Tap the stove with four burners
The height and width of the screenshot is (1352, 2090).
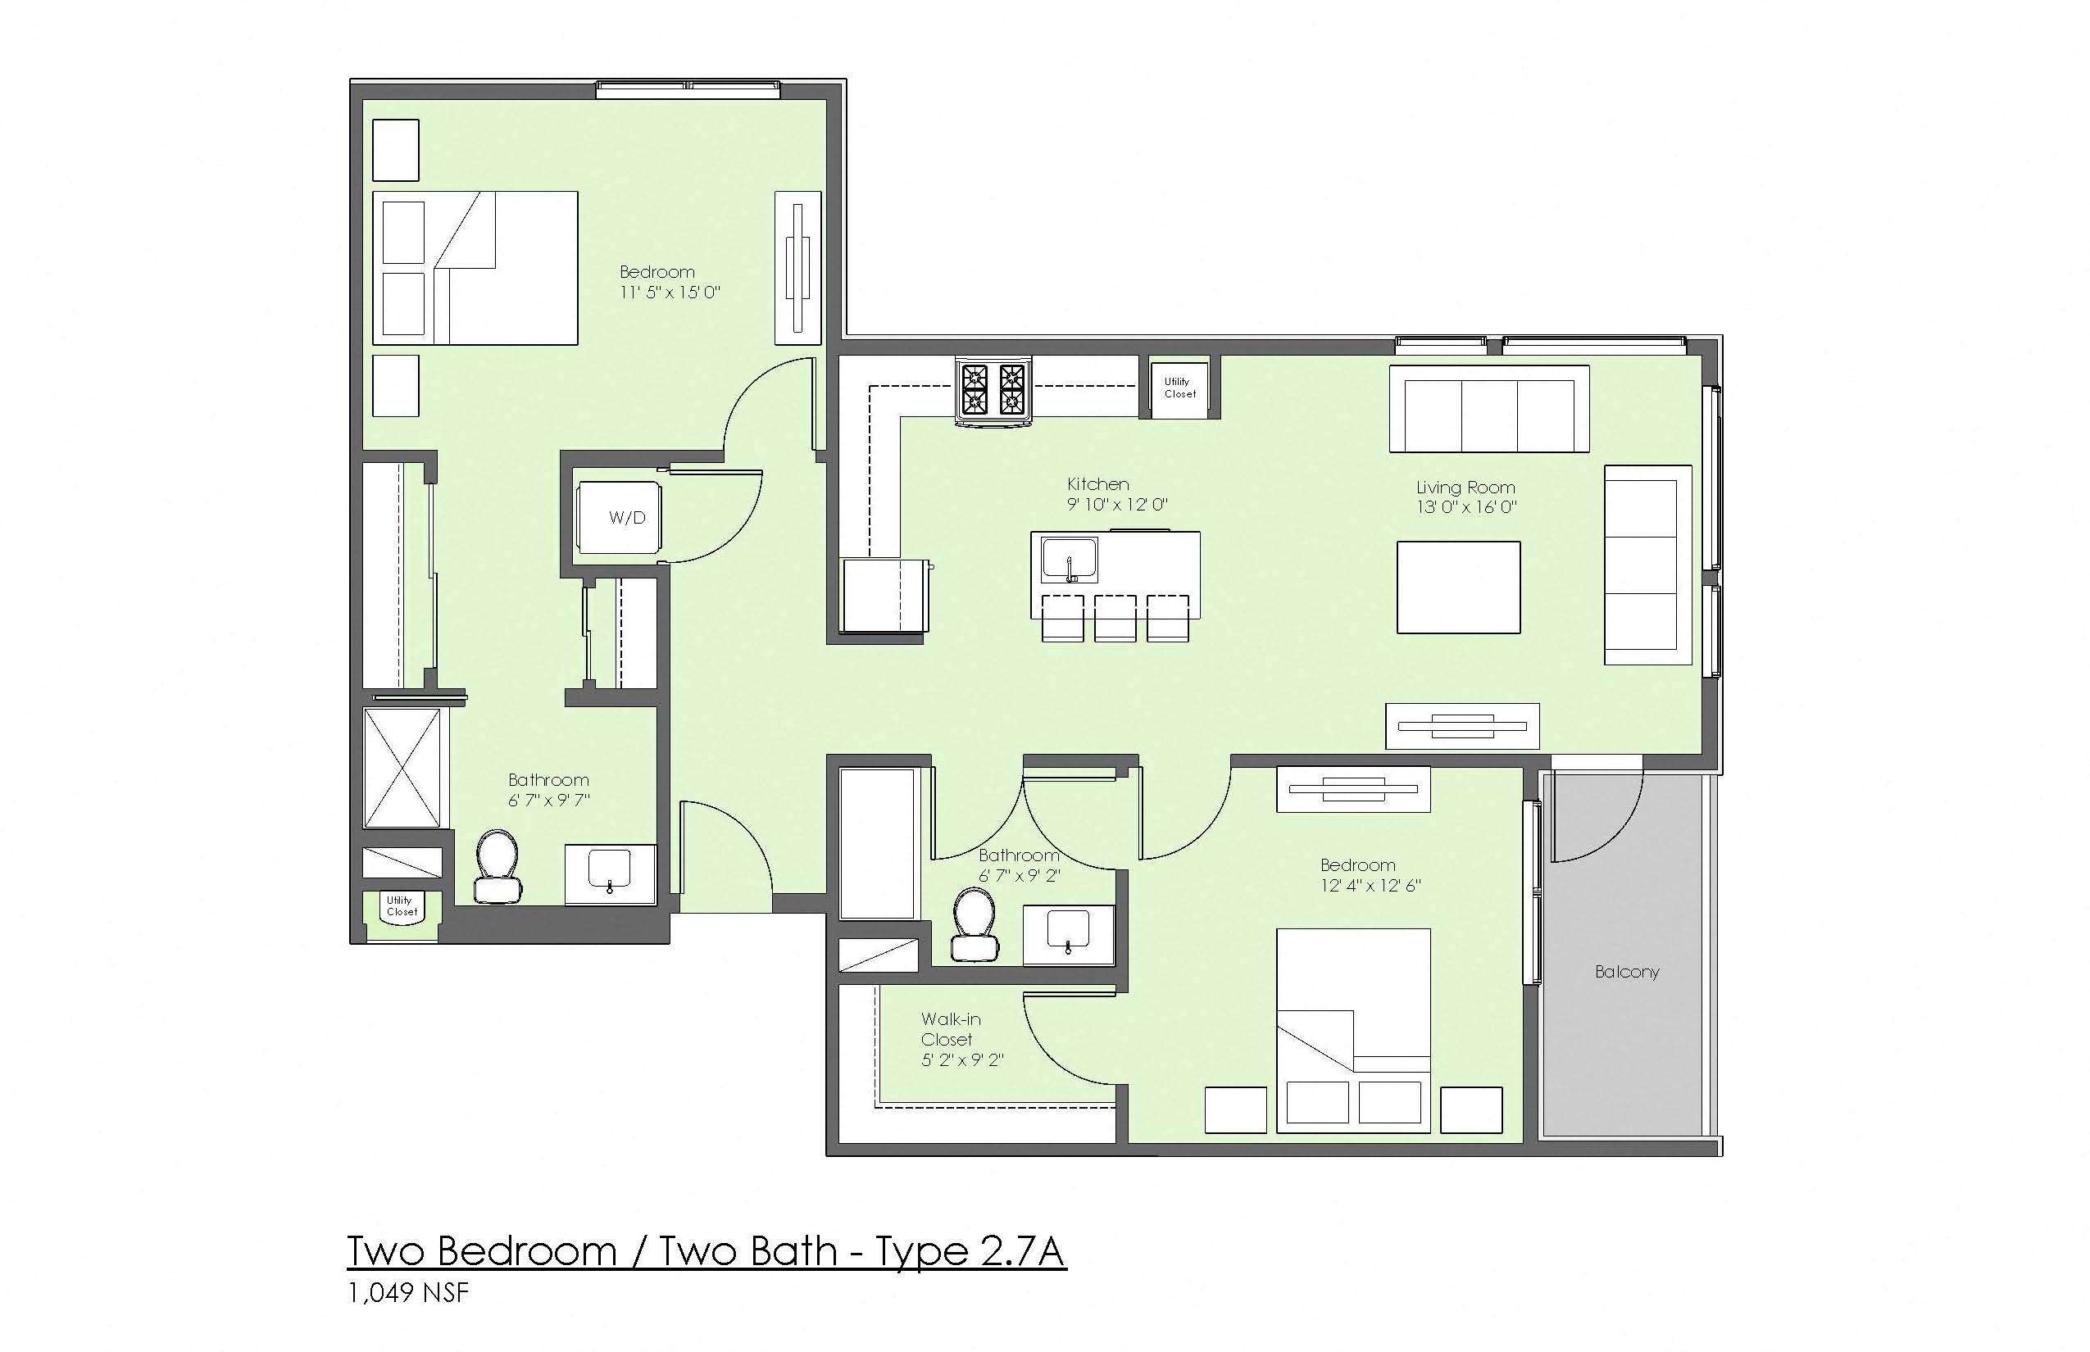tap(994, 391)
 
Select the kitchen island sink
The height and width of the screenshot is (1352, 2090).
tap(1069, 560)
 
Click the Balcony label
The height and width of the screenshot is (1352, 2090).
tap(1626, 972)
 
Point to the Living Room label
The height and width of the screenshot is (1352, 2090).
tap(1465, 488)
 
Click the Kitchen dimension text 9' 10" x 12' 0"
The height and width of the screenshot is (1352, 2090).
tap(1117, 505)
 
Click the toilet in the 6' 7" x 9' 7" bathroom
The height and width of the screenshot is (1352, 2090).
tap(498, 865)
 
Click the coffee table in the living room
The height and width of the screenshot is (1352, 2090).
tap(1459, 587)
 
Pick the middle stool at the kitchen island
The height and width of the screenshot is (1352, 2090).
tap(1115, 618)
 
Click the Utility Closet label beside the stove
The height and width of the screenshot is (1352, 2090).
tap(1179, 387)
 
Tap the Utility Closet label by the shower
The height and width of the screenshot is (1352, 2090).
tap(402, 906)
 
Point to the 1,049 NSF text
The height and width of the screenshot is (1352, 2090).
tap(408, 1293)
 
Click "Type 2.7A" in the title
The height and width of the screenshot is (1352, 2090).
tap(971, 1251)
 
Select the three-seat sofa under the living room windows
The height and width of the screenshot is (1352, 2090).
tap(1489, 408)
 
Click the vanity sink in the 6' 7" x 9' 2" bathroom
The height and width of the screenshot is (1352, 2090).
tap(1069, 932)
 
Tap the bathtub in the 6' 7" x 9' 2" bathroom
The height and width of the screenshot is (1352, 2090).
tap(878, 844)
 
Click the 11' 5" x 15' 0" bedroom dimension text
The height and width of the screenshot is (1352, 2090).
tap(670, 293)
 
